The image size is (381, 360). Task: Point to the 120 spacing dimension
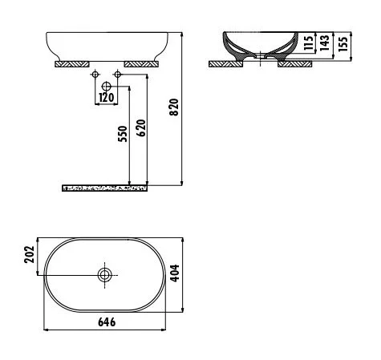click(106, 98)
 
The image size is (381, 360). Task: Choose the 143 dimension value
click(323, 42)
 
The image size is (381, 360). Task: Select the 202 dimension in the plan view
click(28, 255)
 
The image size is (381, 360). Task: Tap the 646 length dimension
click(107, 322)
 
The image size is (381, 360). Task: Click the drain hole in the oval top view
click(104, 275)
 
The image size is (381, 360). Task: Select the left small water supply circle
click(95, 75)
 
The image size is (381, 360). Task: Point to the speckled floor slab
click(105, 188)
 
